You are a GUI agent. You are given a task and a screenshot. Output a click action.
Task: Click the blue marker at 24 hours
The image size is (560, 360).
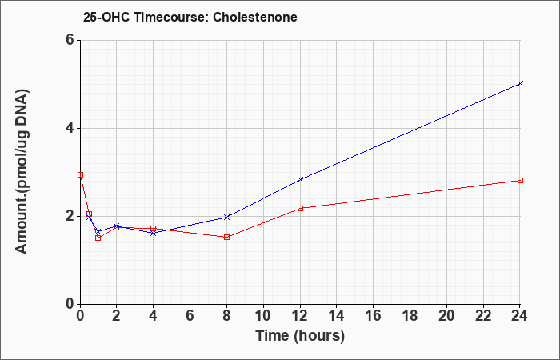click(x=520, y=83)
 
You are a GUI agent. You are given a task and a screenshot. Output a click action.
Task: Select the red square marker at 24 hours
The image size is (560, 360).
click(x=520, y=180)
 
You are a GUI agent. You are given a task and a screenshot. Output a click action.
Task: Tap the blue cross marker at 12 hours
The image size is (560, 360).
click(x=300, y=180)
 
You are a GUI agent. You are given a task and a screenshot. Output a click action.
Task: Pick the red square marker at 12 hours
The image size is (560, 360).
click(x=300, y=208)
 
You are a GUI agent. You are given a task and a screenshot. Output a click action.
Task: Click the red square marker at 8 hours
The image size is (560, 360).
click(x=226, y=237)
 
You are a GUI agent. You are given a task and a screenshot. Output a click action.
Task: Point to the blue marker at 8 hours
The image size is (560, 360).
click(x=226, y=217)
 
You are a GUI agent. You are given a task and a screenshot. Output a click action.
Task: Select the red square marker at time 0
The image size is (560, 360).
click(x=80, y=175)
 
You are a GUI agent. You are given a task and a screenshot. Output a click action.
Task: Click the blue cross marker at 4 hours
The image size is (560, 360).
click(x=154, y=234)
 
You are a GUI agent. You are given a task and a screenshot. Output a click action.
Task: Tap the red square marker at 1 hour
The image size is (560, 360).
click(x=98, y=238)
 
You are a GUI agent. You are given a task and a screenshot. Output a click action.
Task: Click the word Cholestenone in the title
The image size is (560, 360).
click(x=255, y=17)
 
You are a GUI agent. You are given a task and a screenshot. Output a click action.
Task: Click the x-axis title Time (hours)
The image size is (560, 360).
click(x=300, y=336)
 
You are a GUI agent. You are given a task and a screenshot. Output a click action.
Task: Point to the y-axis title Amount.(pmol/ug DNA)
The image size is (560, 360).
click(x=22, y=171)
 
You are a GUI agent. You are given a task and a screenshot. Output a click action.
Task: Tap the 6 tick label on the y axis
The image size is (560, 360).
click(x=70, y=40)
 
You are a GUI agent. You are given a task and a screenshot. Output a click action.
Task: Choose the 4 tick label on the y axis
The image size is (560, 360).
click(x=70, y=128)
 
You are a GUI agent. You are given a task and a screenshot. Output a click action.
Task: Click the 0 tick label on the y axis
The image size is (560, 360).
click(x=70, y=304)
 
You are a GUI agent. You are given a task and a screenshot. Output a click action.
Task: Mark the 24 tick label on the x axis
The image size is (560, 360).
click(x=519, y=316)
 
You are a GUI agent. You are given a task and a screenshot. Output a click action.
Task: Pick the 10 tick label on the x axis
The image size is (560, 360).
click(x=263, y=316)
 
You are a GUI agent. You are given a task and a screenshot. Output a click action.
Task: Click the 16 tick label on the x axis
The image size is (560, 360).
click(x=374, y=316)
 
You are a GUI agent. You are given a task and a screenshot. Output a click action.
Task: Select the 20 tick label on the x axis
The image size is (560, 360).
click(x=446, y=316)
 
